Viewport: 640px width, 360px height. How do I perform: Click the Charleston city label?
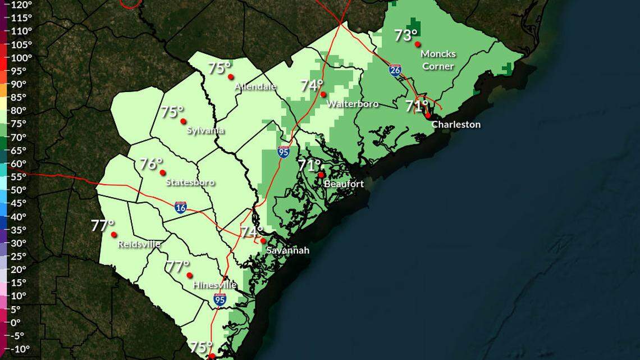456,125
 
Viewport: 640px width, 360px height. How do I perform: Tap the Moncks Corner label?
438,60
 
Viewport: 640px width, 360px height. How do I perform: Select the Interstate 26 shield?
396,70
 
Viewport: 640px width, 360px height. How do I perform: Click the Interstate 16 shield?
180,208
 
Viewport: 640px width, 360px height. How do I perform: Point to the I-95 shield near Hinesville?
220,300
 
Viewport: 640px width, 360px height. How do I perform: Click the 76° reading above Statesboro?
151,164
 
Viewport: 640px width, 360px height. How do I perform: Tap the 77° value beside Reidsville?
103,226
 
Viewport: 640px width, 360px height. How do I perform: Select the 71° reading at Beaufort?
309,165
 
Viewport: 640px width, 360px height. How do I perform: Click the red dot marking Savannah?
263,241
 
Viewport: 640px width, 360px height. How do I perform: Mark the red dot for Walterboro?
323,94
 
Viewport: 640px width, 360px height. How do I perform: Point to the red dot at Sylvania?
183,121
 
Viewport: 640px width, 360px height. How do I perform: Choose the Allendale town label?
255,86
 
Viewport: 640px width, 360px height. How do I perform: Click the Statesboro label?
190,182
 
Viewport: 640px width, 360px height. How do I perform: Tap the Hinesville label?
214,285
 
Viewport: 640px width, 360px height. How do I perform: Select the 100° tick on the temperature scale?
22,58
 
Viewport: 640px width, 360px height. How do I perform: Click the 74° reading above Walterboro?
312,85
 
